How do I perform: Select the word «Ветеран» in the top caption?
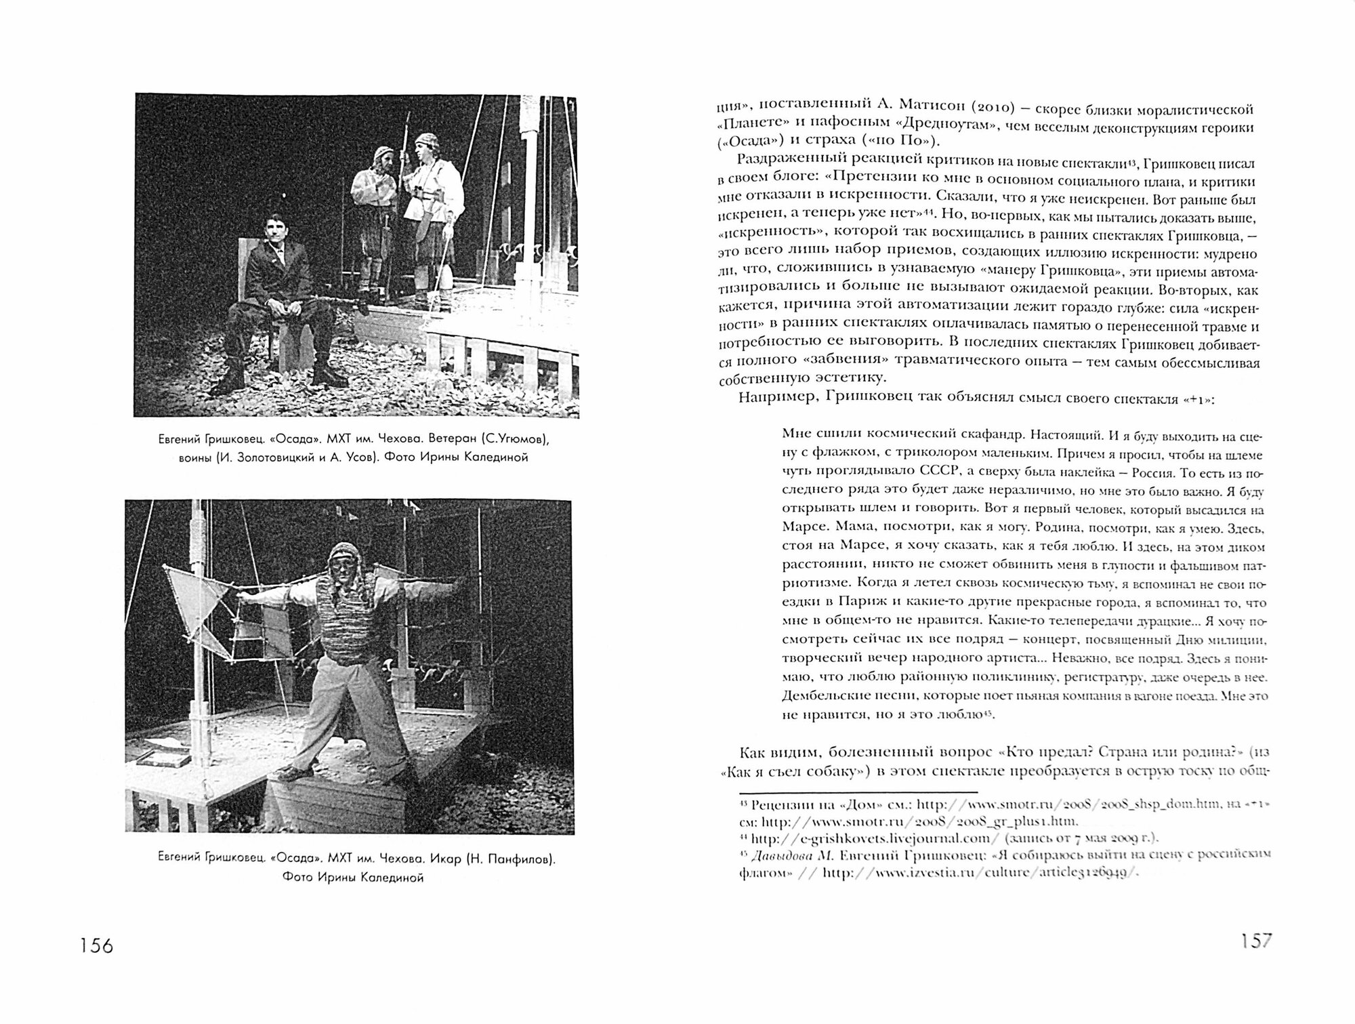[x=436, y=439]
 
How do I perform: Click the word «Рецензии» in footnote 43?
[x=776, y=804]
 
